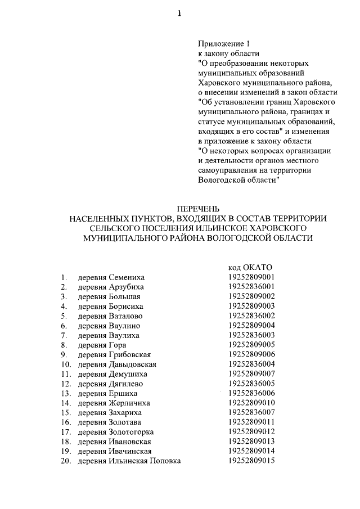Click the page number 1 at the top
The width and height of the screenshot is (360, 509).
coord(180,15)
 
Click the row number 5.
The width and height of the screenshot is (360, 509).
coord(65,316)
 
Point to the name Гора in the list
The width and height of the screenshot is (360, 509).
coord(117,345)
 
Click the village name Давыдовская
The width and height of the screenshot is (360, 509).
coord(132,364)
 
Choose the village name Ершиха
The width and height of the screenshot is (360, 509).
coord(123,393)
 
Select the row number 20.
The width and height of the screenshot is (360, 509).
coord(64,461)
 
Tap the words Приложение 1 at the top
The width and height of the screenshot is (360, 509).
coord(223,44)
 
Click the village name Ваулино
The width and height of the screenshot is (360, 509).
coord(124,326)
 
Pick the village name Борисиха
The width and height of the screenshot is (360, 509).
coord(126,306)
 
